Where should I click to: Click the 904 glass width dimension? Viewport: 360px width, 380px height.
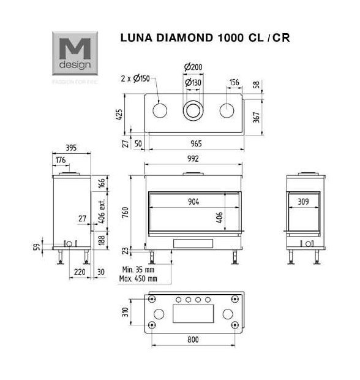tap(193, 202)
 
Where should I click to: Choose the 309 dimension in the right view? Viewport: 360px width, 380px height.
tap(302, 201)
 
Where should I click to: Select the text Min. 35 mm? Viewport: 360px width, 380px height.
tap(139, 269)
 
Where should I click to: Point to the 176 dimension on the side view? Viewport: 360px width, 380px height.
tap(60, 160)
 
